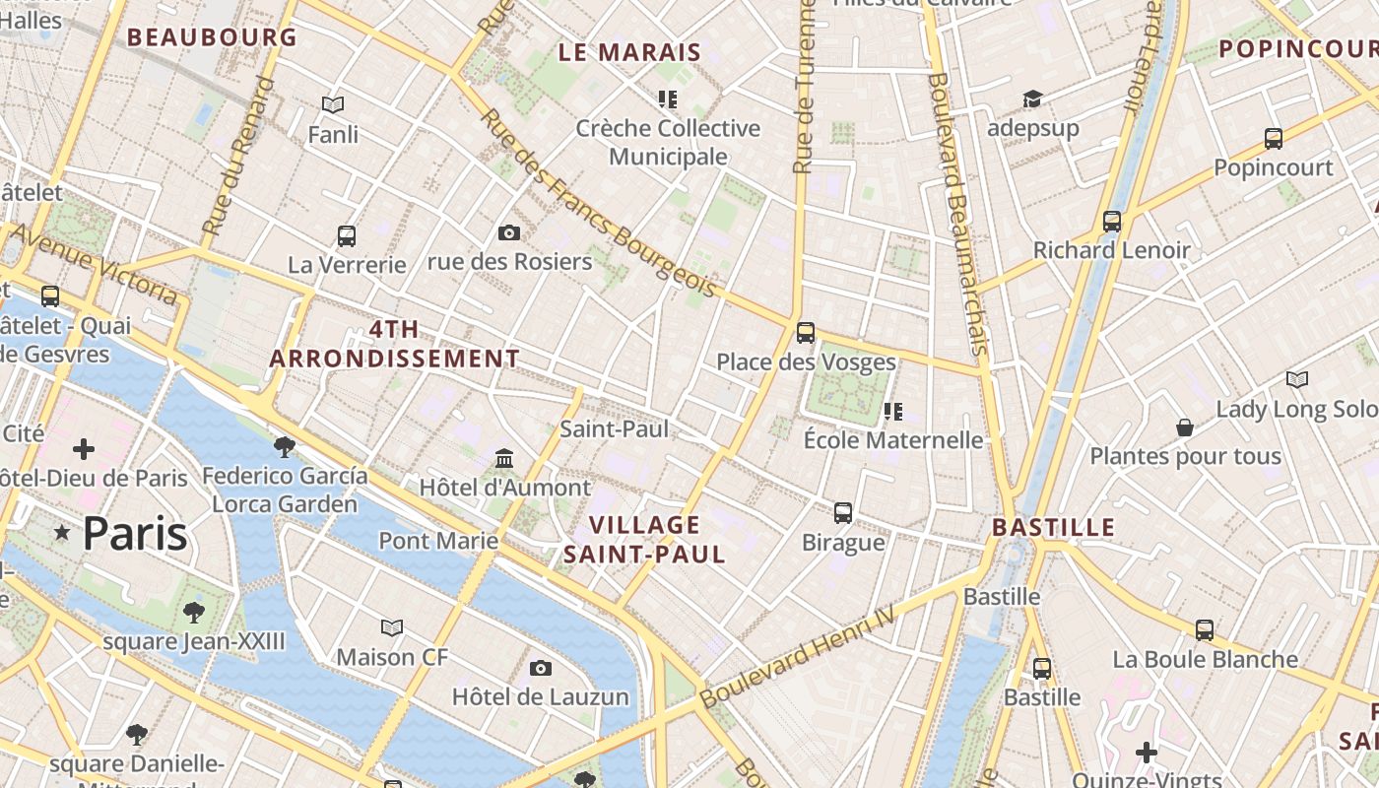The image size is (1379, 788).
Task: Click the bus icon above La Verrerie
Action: pos(347,235)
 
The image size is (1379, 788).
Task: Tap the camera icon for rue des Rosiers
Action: pos(509,232)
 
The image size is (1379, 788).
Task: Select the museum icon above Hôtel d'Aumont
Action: pos(505,458)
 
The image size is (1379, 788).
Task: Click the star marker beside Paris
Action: pos(62,533)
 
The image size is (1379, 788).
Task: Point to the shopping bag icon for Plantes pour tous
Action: pos(1185,427)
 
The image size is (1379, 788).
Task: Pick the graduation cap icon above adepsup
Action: pos(1032,99)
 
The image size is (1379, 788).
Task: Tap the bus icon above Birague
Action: pos(843,512)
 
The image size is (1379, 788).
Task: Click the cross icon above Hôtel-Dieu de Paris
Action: pos(84,450)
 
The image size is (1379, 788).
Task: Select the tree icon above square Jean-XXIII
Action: pos(194,613)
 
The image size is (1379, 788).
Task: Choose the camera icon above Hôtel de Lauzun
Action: pos(540,668)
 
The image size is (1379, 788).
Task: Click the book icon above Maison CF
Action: pos(392,627)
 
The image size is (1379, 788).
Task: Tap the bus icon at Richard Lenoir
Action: pos(1112,222)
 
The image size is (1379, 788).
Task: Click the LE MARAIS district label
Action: pos(629,53)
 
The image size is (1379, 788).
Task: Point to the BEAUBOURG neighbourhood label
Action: pos(212,37)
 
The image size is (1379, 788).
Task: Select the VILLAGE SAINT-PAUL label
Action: pos(645,539)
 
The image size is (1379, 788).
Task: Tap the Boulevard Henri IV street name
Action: pos(797,657)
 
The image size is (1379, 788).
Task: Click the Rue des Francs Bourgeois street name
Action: pos(597,202)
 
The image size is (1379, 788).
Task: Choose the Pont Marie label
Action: pos(438,541)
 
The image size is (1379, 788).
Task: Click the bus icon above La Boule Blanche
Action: pos(1205,629)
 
